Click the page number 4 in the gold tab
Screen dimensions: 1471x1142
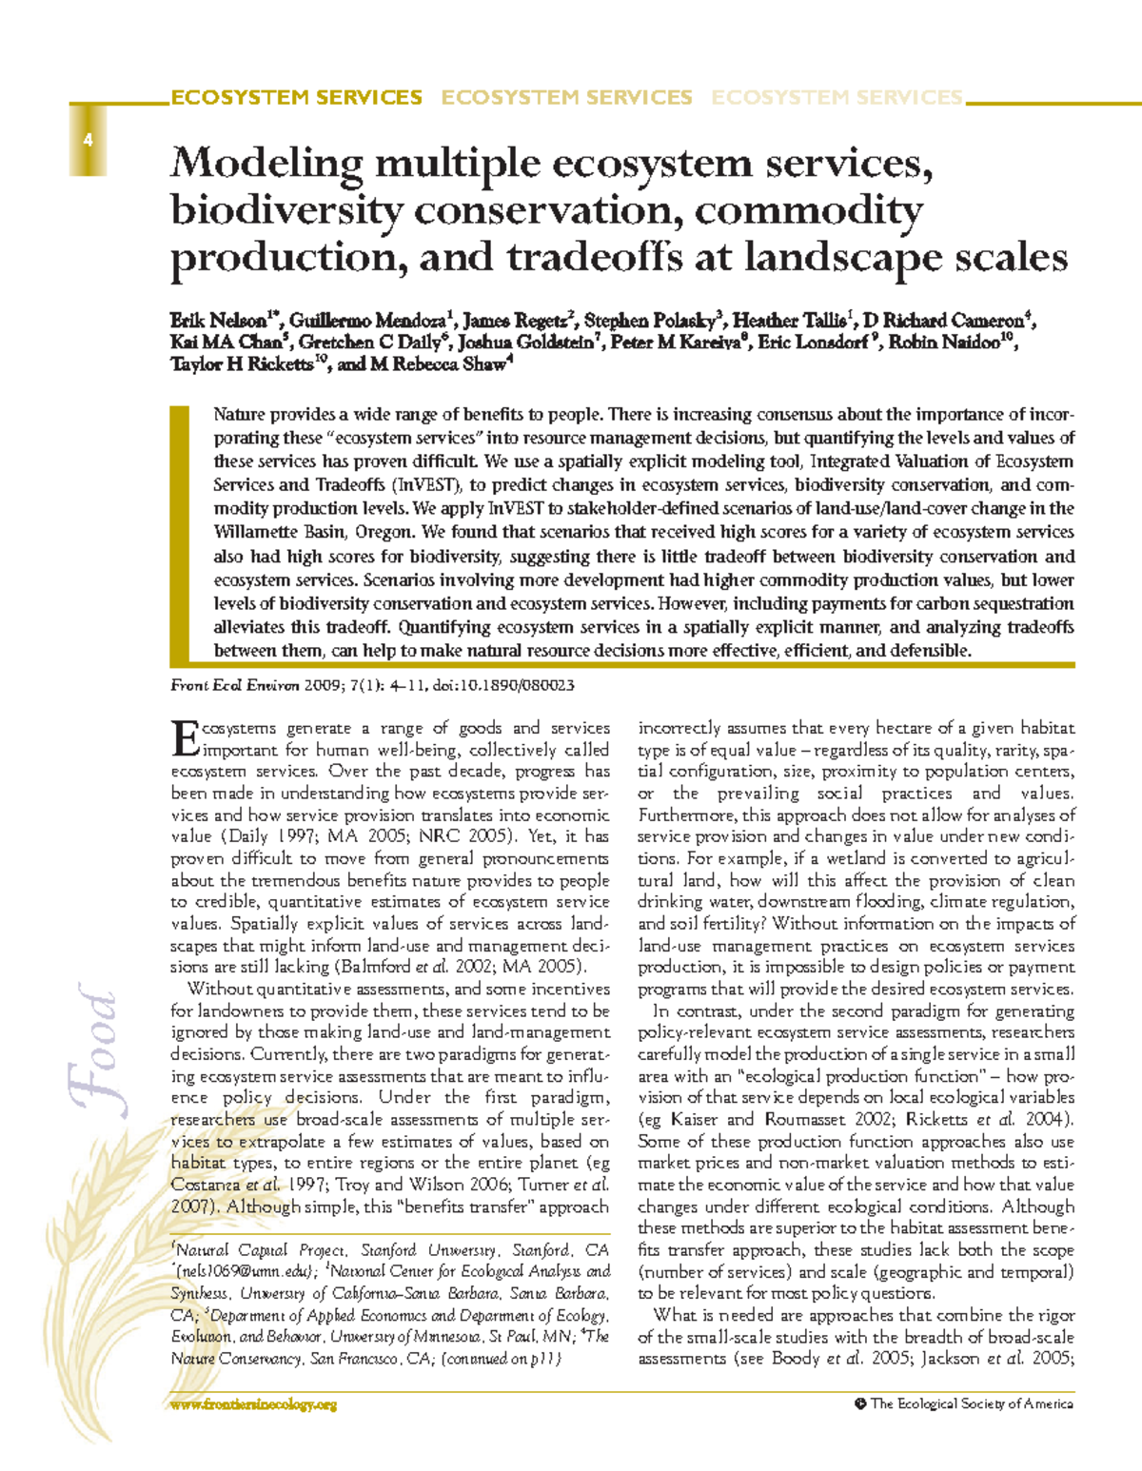(87, 141)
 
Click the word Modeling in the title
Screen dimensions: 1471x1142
(264, 165)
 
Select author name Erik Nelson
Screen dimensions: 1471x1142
(218, 321)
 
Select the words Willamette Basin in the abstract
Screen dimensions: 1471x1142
(285, 532)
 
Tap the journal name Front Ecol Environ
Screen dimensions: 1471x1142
(234, 685)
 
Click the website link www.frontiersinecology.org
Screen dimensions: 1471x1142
(254, 1404)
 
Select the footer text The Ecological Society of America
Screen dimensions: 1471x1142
(971, 1403)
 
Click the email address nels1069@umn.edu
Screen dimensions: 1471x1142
(242, 1271)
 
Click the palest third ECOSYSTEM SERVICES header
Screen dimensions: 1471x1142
(837, 98)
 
